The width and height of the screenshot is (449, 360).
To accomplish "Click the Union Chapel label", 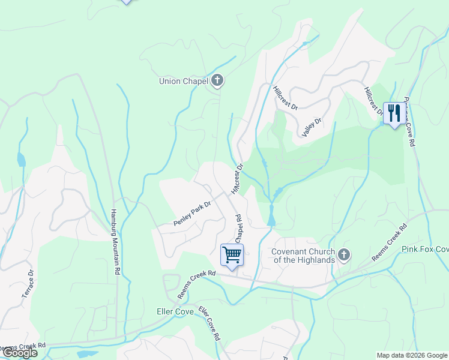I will pyautogui.click(x=182, y=81).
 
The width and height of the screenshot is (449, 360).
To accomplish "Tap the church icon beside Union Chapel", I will pyautogui.click(x=217, y=80).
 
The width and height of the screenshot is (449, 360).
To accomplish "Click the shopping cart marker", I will pyautogui.click(x=232, y=254).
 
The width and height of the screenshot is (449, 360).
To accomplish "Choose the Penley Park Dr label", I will pyautogui.click(x=193, y=214).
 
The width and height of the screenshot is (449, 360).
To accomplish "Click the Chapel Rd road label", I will pyautogui.click(x=237, y=229).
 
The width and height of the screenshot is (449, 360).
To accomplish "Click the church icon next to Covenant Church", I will pyautogui.click(x=344, y=256).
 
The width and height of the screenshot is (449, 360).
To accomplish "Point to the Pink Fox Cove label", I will pyautogui.click(x=425, y=249).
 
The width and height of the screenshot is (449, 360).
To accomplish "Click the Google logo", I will pyautogui.click(x=19, y=353).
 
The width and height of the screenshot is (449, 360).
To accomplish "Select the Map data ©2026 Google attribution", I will pyautogui.click(x=411, y=355).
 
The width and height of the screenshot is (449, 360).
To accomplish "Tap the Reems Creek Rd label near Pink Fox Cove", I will pyautogui.click(x=389, y=243).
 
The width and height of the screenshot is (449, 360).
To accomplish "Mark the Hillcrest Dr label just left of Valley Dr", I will pyautogui.click(x=285, y=98).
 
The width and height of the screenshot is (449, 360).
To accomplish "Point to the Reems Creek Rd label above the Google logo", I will pyautogui.click(x=22, y=346).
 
